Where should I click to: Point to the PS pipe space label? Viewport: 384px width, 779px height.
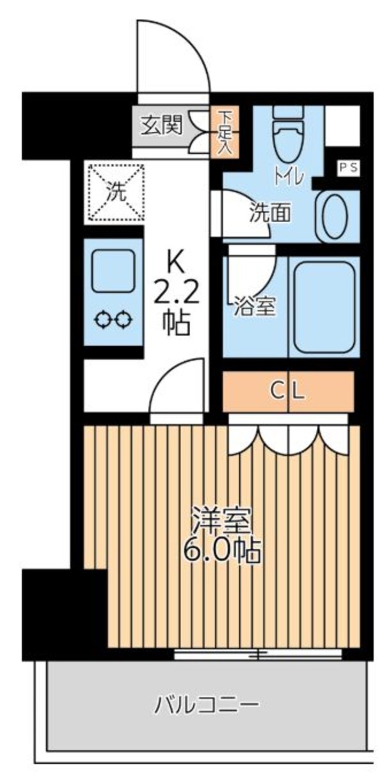pyautogui.click(x=349, y=168)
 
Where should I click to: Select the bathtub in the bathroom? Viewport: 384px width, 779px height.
pyautogui.click(x=324, y=305)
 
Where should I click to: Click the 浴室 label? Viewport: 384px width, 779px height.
pyautogui.click(x=256, y=307)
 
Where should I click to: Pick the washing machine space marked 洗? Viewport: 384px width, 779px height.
pyautogui.click(x=116, y=192)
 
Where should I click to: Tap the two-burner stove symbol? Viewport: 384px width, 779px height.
pyautogui.click(x=113, y=319)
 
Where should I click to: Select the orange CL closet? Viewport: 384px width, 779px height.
pyautogui.click(x=289, y=390)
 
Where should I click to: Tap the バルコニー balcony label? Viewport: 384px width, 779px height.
pyautogui.click(x=207, y=705)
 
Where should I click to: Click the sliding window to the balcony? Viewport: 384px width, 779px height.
pyautogui.click(x=258, y=654)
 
